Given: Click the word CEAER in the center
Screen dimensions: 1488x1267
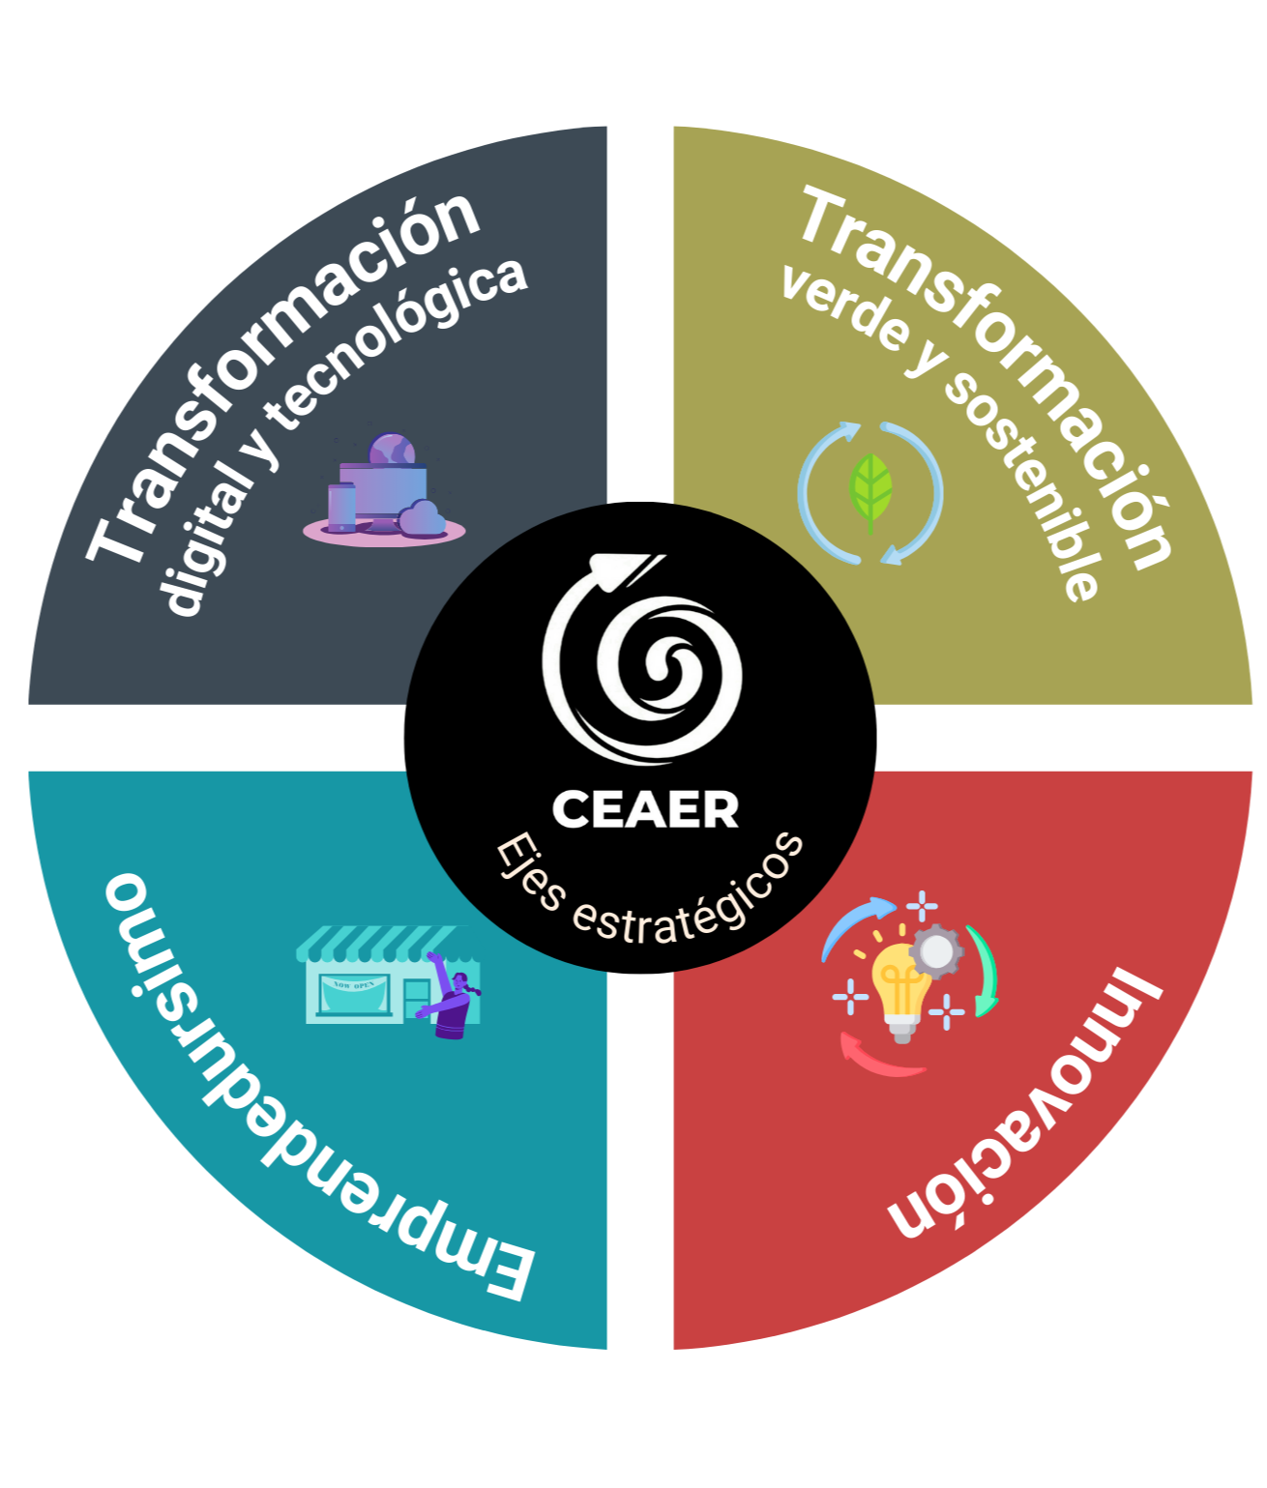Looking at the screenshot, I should point(645,809).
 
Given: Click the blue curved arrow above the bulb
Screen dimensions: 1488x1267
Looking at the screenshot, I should point(857,922).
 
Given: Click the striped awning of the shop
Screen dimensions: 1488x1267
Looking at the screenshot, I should point(377,941).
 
